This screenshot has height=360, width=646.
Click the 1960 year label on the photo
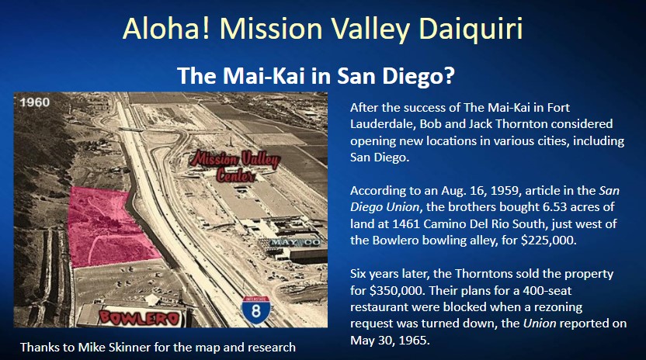(35, 102)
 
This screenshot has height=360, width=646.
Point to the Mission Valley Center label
(234, 166)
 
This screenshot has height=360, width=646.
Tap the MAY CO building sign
(294, 242)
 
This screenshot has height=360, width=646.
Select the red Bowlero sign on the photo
(140, 317)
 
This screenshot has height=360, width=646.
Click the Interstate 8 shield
(256, 309)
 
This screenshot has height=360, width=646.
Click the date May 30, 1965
(390, 341)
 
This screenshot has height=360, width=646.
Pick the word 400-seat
(547, 291)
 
